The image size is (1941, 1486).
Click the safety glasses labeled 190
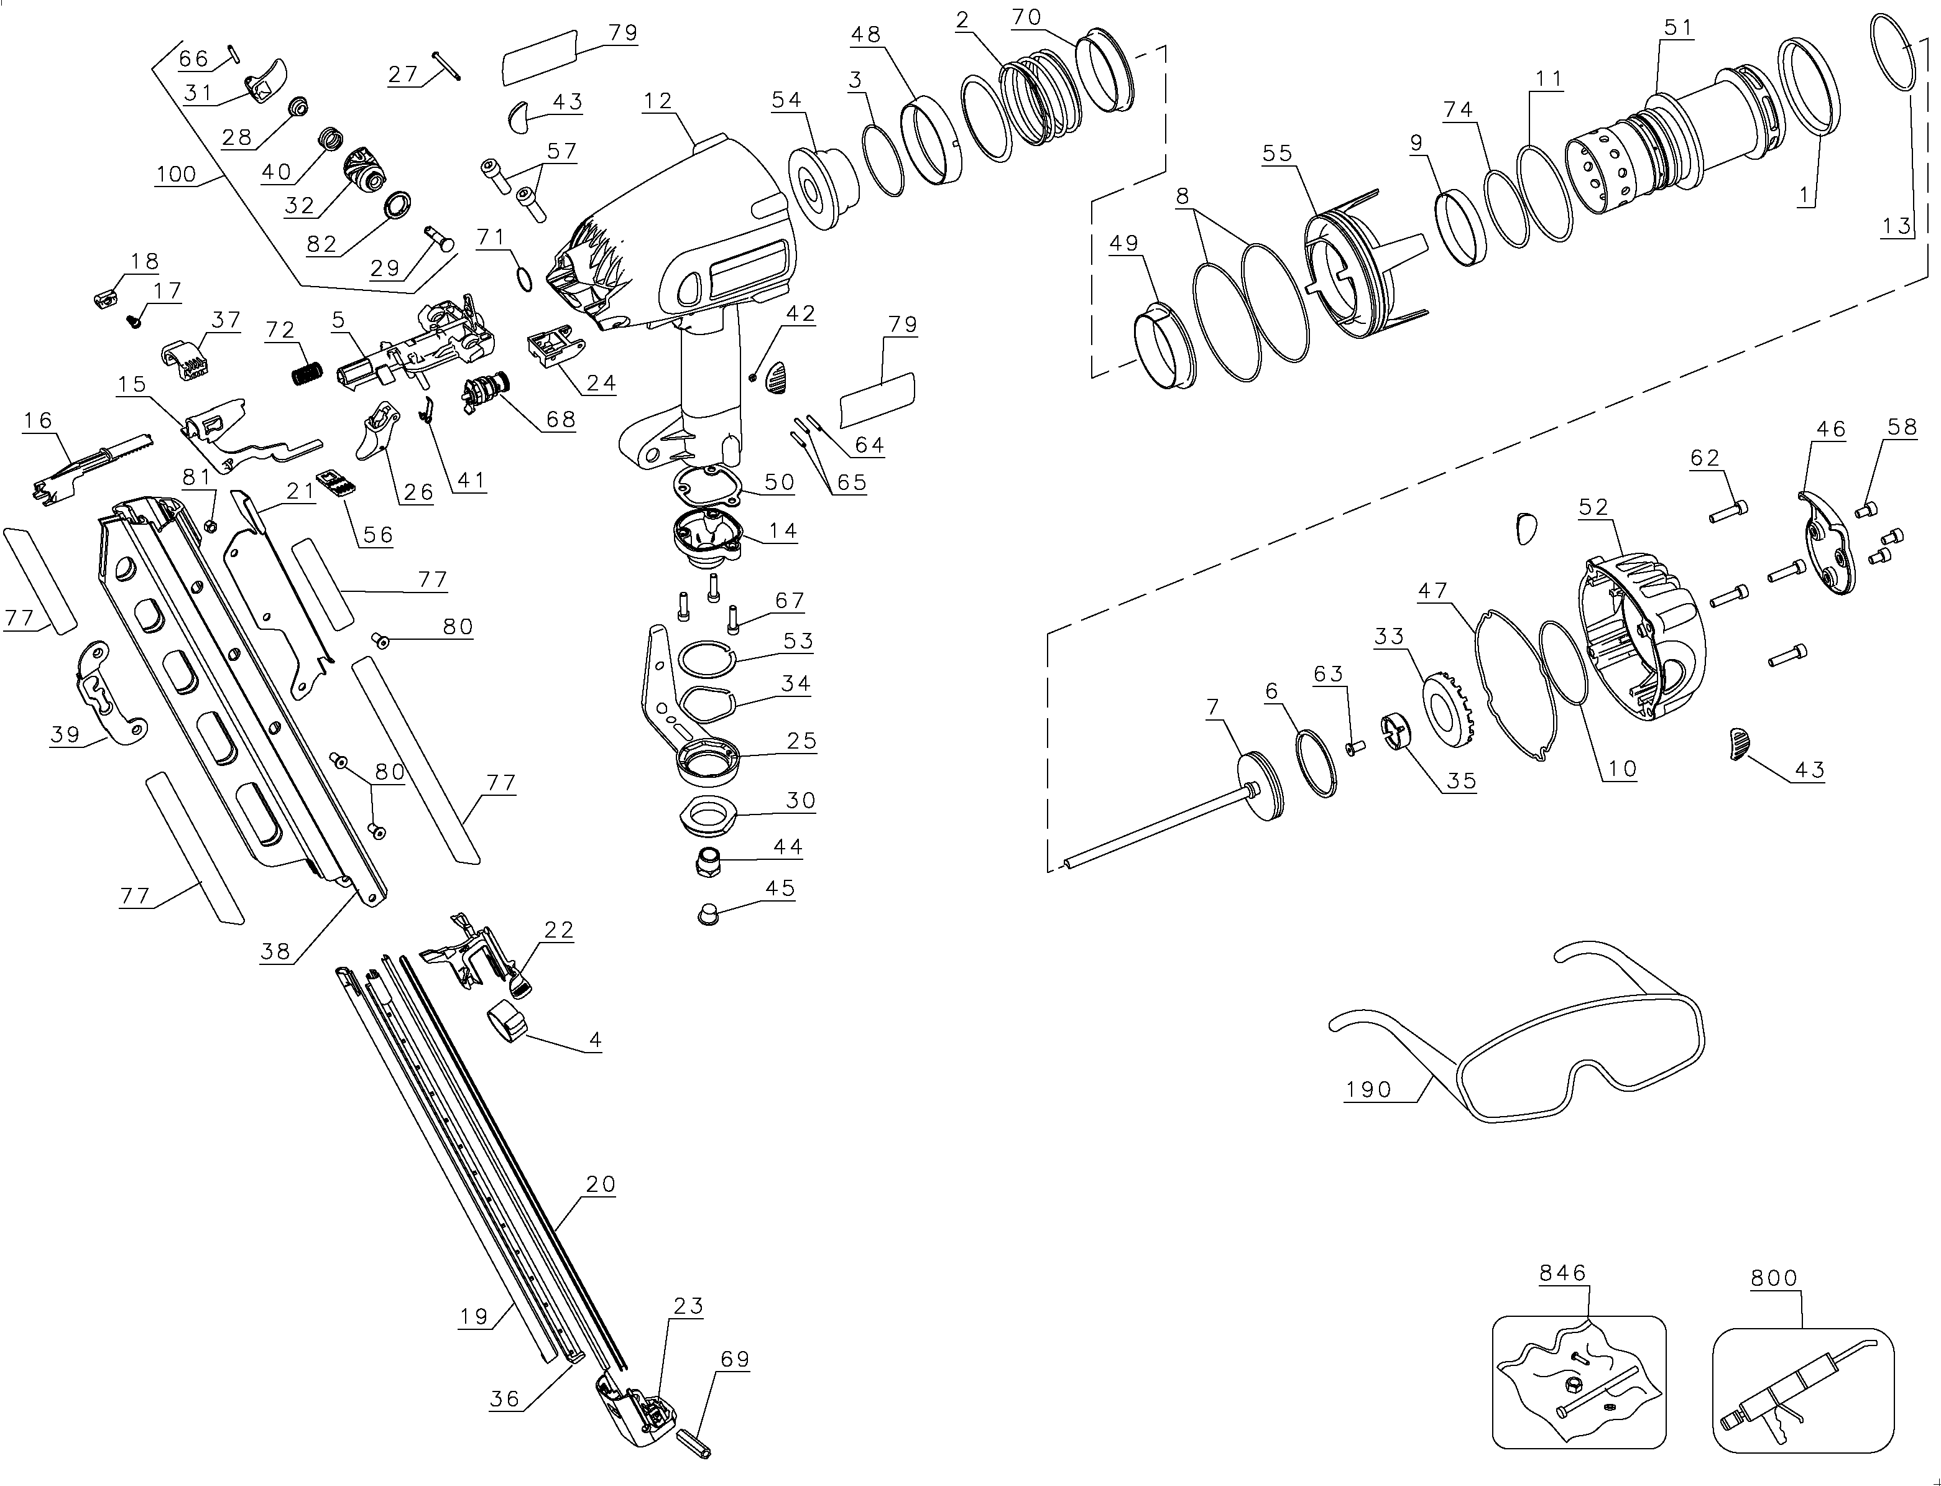pyautogui.click(x=1516, y=1030)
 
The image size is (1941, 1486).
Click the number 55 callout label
pyautogui.click(x=1277, y=153)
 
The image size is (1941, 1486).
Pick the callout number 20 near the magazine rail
pyautogui.click(x=601, y=1183)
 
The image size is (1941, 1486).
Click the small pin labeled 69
pyautogui.click(x=694, y=1442)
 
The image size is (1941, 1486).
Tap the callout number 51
pyautogui.click(x=1677, y=29)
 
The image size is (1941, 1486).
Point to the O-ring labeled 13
pyautogui.click(x=1893, y=52)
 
